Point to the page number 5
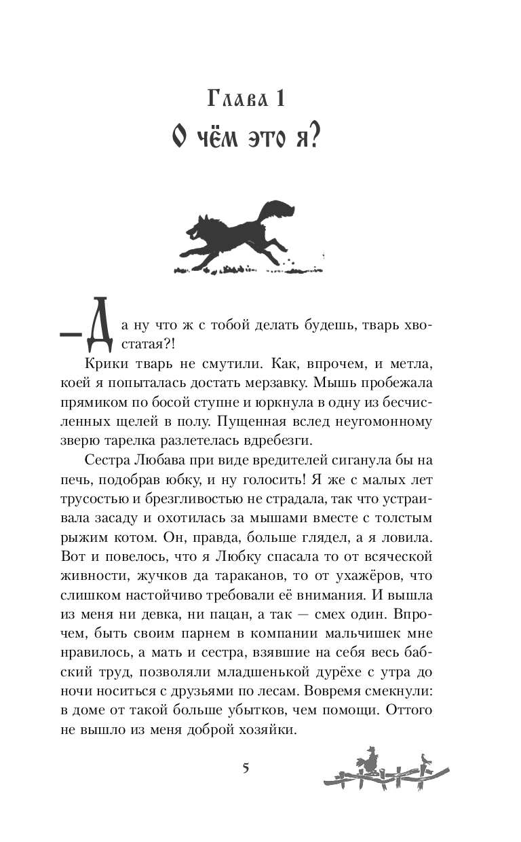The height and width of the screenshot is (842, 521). pos(246,769)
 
